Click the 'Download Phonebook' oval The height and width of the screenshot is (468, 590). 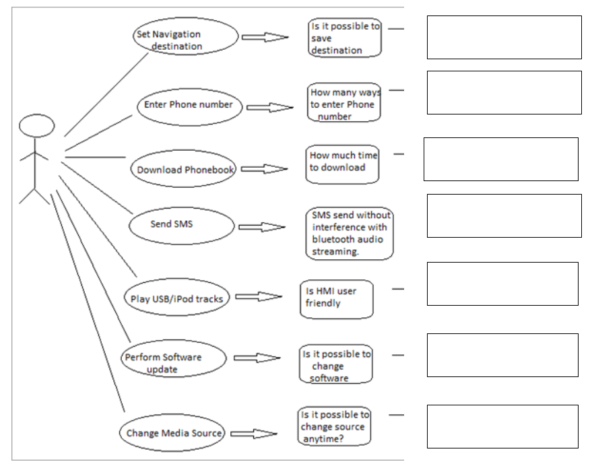click(185, 170)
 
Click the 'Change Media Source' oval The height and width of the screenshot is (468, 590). click(174, 433)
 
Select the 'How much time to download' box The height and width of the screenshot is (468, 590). click(341, 164)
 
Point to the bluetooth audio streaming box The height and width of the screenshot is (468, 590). click(349, 233)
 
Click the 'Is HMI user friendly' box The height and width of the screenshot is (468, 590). click(335, 298)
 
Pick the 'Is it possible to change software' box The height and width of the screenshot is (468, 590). click(335, 366)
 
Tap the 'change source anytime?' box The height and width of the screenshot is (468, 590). click(333, 427)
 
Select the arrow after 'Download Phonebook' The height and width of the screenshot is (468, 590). click(265, 170)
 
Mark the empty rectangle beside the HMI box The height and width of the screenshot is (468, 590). click(502, 283)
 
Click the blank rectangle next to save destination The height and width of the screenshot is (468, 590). click(504, 38)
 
